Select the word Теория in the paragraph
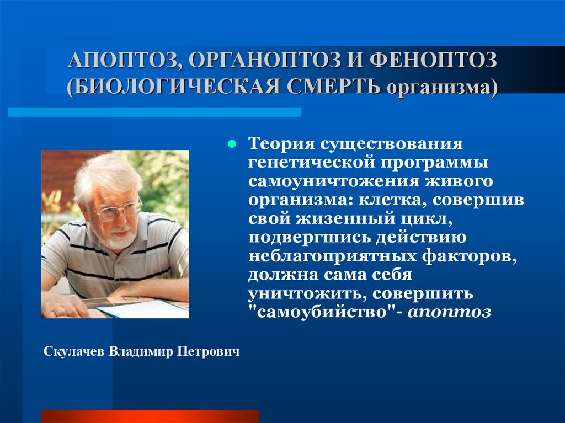pos(280,145)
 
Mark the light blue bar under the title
pos(154,113)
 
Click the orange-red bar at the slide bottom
pos(150,416)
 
